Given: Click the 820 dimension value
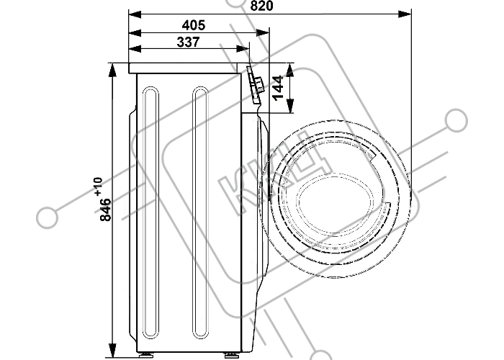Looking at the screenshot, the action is tap(261, 6).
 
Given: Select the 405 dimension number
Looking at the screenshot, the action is tap(194, 25).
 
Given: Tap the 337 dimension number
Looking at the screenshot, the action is tap(189, 42).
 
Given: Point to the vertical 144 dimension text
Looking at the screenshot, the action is tap(277, 87).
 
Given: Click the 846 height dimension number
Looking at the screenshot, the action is tap(106, 210).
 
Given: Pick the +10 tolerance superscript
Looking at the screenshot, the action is tap(99, 186).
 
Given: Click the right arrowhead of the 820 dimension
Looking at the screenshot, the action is tap(405, 14).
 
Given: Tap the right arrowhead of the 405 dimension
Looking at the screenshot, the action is tap(262, 33).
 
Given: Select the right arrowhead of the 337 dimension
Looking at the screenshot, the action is tap(243, 49).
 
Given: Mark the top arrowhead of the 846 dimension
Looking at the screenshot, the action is tap(112, 70).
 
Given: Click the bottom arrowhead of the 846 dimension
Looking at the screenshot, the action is tap(112, 350).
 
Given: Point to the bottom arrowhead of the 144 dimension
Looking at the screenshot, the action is tap(290, 107).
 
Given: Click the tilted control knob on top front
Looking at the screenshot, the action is tap(255, 84).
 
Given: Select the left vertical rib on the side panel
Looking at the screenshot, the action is tap(150, 213).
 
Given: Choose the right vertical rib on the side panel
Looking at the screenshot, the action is tap(201, 213).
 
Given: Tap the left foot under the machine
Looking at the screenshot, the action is tap(147, 354).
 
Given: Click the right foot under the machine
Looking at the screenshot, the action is tap(230, 355).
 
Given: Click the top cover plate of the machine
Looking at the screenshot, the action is tap(183, 68).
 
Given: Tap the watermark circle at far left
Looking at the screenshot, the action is tap(48, 217).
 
